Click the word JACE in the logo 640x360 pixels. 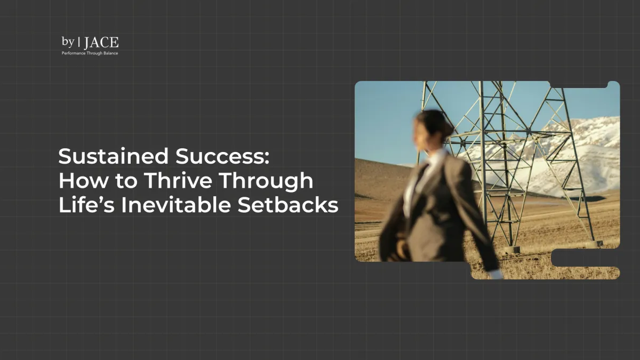click(x=101, y=43)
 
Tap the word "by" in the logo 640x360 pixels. click(x=68, y=42)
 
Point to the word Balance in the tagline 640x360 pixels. click(x=109, y=53)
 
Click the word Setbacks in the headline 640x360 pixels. click(x=288, y=205)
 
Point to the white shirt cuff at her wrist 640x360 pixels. click(x=496, y=274)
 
